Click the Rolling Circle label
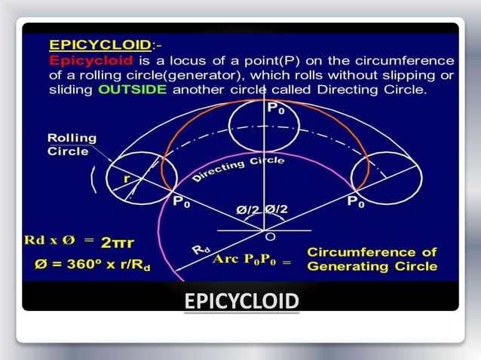[x=72, y=145]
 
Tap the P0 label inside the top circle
[x=277, y=108]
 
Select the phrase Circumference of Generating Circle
[x=372, y=259]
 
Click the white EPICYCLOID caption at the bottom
[x=241, y=302]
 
